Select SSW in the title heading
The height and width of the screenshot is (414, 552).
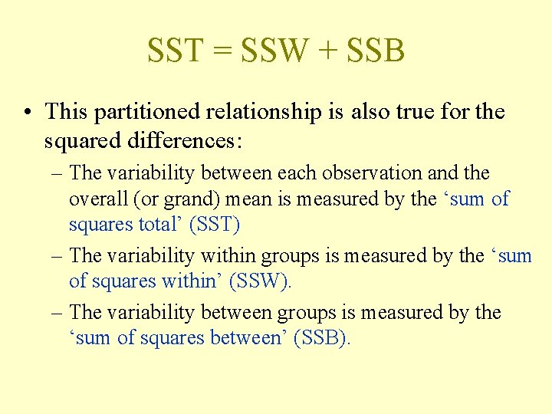click(x=272, y=51)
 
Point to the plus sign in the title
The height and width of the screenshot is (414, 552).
click(x=327, y=51)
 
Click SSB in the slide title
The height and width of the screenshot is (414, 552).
click(x=376, y=51)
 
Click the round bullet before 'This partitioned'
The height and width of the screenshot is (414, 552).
click(x=27, y=113)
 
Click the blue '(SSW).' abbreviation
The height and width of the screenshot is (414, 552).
click(x=261, y=281)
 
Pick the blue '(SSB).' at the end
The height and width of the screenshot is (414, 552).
click(x=322, y=338)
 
